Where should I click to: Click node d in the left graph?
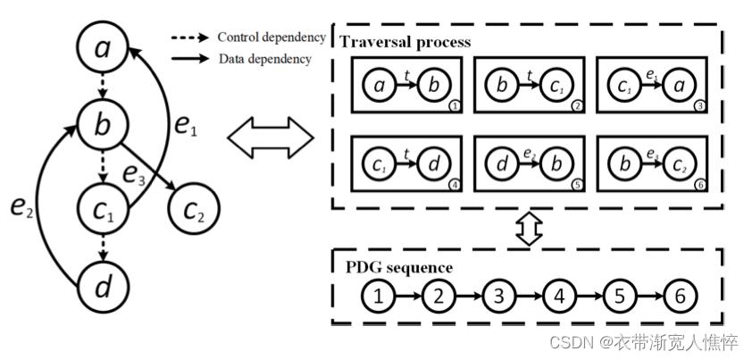pyautogui.click(x=104, y=289)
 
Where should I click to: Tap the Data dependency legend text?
pyautogui.click(x=264, y=59)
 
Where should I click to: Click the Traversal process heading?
pyautogui.click(x=405, y=42)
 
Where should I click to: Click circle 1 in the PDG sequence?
pyautogui.click(x=378, y=296)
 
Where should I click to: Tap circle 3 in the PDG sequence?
pyautogui.click(x=498, y=296)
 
